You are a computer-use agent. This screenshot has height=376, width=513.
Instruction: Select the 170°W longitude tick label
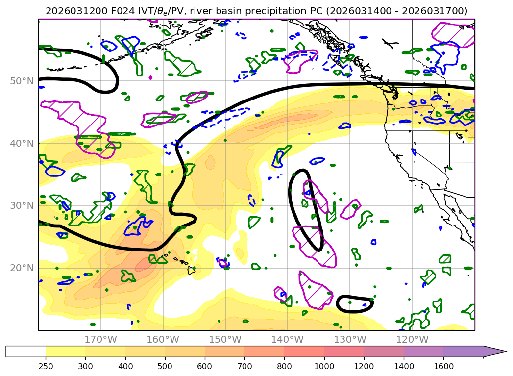(x=100, y=339)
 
